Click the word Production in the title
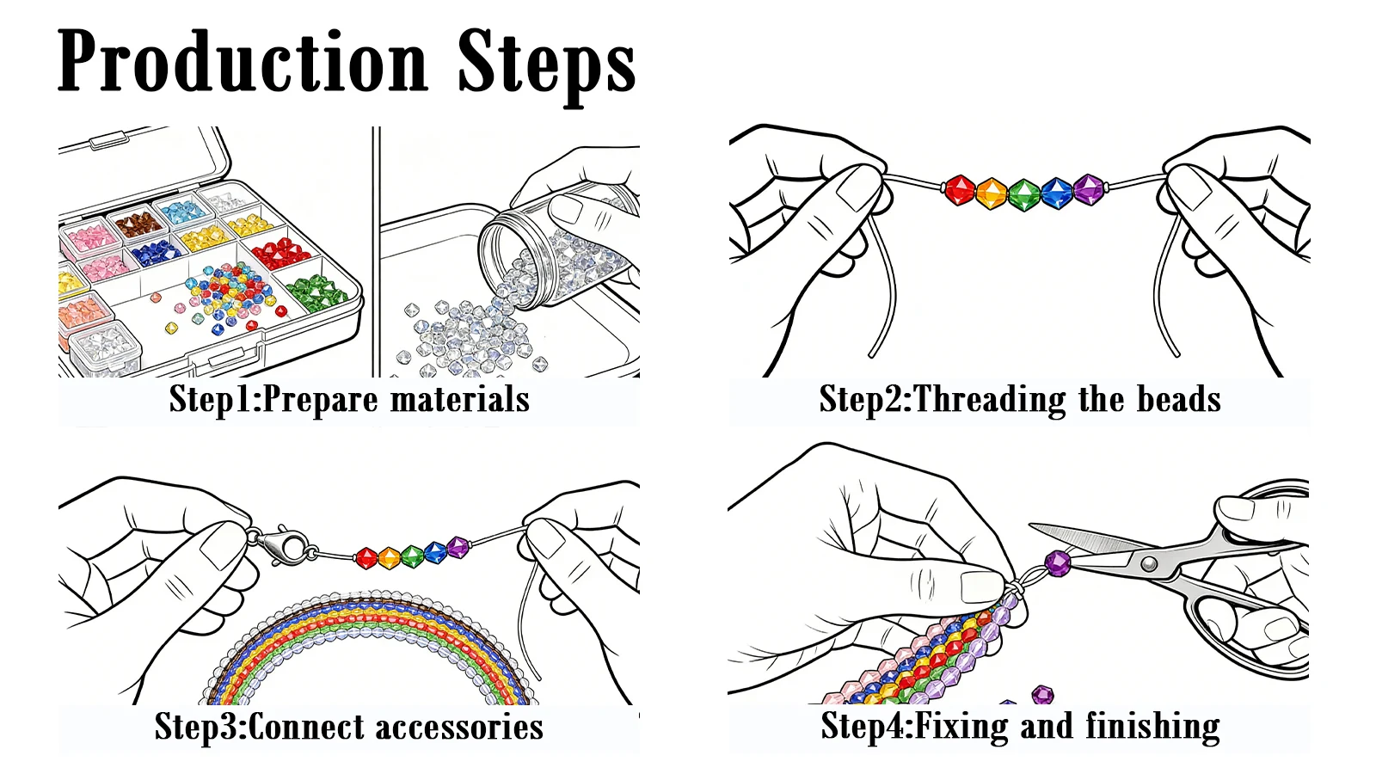tap(243, 61)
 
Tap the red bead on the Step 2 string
tap(960, 190)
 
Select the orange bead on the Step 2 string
tap(992, 193)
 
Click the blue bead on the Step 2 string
tap(1057, 193)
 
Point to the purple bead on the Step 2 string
tap(1089, 190)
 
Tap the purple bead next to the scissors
tap(1058, 563)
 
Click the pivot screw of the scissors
tap(1148, 563)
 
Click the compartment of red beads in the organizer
tap(281, 250)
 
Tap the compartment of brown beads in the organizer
tap(138, 224)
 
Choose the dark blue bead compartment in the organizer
tap(156, 253)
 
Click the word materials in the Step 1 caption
tap(459, 399)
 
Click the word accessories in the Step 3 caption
tap(459, 728)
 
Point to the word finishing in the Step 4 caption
tap(1152, 728)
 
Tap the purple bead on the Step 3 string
tap(458, 547)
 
